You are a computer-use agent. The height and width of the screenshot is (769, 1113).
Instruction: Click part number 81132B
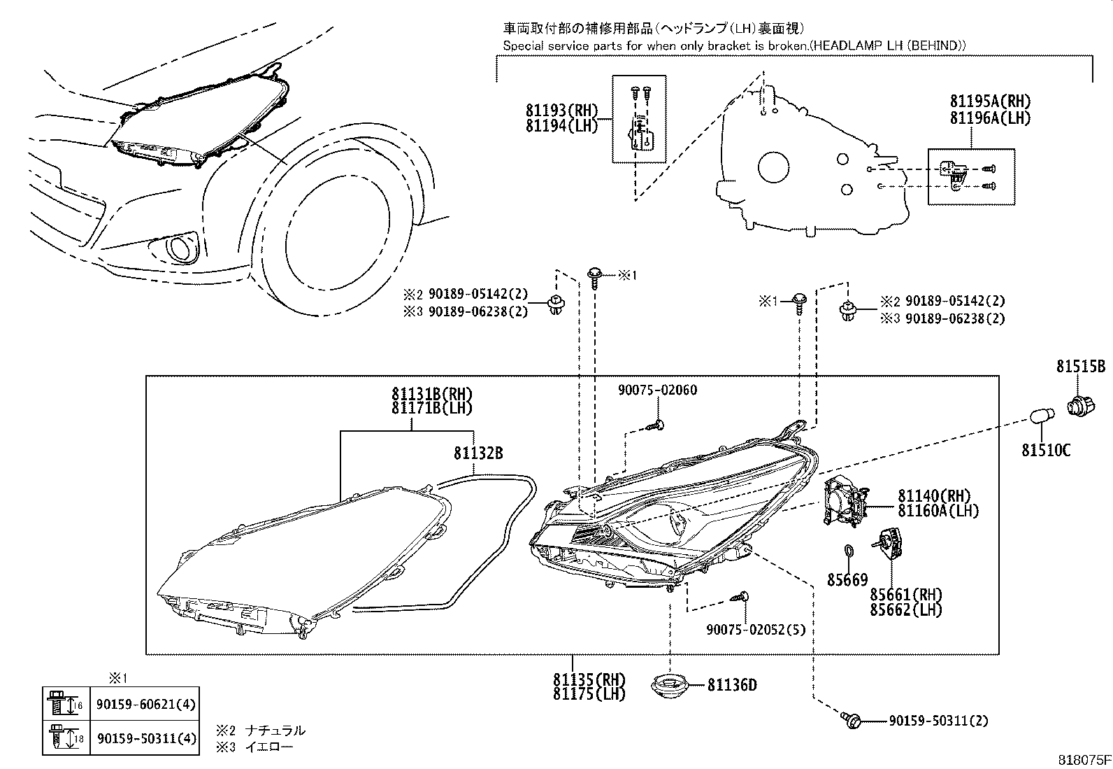(x=478, y=453)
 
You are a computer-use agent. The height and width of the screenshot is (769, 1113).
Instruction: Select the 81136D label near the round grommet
(x=731, y=684)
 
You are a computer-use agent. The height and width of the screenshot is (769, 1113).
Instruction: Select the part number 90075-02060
(x=657, y=390)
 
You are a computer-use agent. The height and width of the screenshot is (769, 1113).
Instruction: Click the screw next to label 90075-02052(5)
(x=741, y=597)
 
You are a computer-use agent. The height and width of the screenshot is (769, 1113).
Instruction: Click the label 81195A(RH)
(x=990, y=102)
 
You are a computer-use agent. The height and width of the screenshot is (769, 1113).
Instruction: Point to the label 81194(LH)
(x=562, y=126)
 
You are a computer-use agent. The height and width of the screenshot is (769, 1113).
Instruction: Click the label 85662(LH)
(x=906, y=609)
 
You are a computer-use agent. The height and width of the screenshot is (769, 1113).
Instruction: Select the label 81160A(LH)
(x=938, y=511)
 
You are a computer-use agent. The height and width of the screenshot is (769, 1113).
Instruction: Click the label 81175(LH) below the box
(x=589, y=693)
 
